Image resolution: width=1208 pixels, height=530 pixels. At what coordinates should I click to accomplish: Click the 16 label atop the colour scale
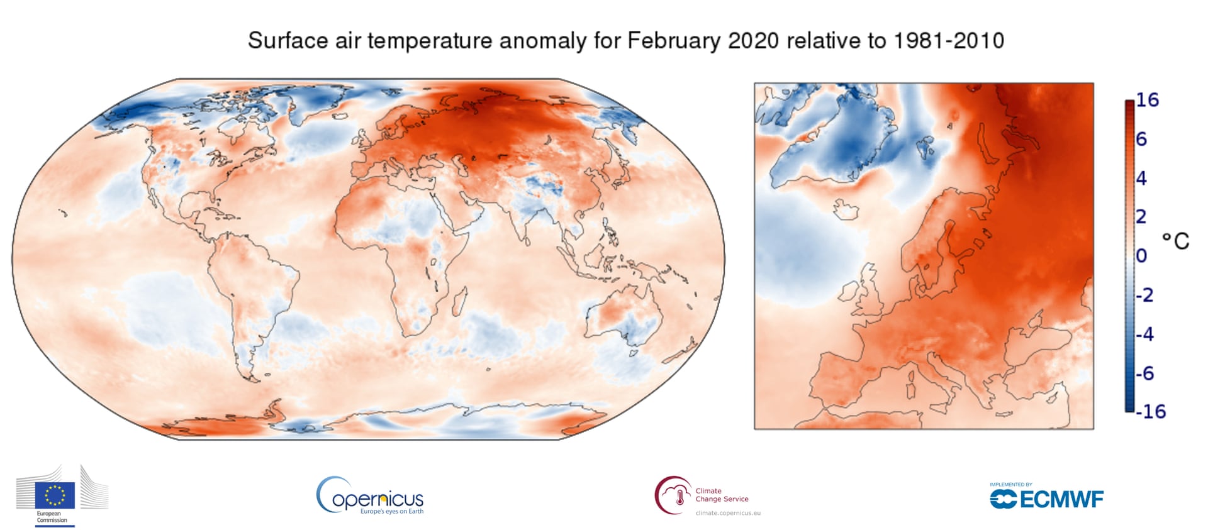(1147, 100)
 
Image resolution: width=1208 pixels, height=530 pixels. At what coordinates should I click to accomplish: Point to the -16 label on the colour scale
(1150, 411)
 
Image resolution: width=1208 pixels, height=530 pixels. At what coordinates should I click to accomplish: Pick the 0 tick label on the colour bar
(1141, 256)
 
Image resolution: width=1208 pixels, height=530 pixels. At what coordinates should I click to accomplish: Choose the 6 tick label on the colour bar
(1141, 139)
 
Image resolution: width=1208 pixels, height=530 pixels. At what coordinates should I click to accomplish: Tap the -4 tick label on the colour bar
(1145, 334)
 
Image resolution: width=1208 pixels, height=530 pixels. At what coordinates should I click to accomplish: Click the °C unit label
(1175, 241)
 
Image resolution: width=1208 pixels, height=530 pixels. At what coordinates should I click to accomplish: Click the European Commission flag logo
(55, 495)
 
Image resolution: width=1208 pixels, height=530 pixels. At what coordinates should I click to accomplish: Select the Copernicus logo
(370, 497)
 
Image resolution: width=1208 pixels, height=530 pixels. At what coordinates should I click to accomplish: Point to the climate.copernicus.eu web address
(728, 513)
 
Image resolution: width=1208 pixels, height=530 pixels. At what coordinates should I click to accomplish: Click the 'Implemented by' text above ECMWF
(1010, 484)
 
